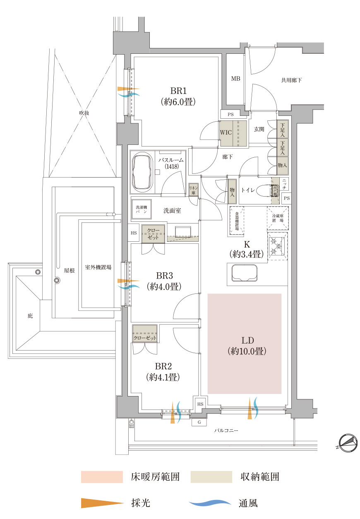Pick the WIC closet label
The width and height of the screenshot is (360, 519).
coord(226,133)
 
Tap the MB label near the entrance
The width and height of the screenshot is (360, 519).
coord(235,79)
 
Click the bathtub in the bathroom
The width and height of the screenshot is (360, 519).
coord(142,172)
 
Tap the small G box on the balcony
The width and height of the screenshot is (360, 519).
coord(199,423)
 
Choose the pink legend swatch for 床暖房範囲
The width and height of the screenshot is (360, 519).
coord(102,477)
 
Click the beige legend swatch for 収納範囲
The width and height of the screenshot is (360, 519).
coord(211,477)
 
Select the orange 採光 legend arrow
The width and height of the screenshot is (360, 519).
coord(102,503)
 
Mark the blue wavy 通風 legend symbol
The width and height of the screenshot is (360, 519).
coord(210,503)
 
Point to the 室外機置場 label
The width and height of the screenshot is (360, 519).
coord(98,267)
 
